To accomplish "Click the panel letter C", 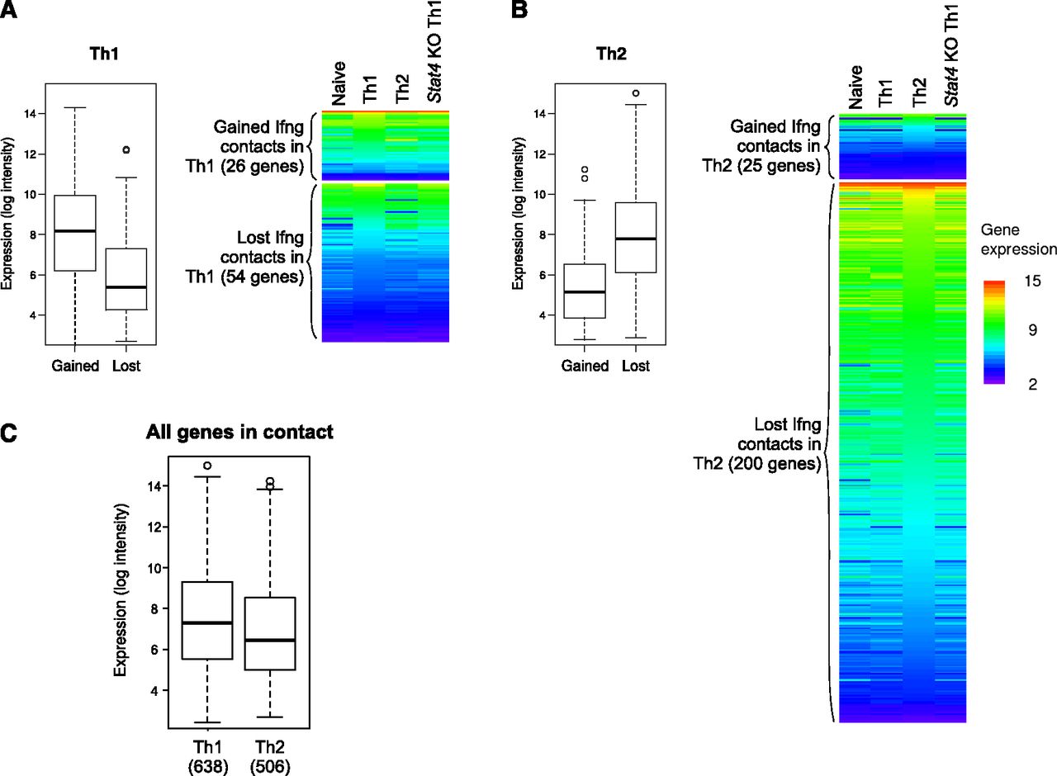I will coord(9,433).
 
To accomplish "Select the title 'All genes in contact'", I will coord(239,431).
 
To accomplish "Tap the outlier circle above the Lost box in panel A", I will coord(126,150).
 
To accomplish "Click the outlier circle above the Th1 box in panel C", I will coord(207,466).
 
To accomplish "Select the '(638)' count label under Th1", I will coord(207,765).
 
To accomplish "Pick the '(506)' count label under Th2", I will coord(270,765).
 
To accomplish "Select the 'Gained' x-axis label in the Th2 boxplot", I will coord(585,366).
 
